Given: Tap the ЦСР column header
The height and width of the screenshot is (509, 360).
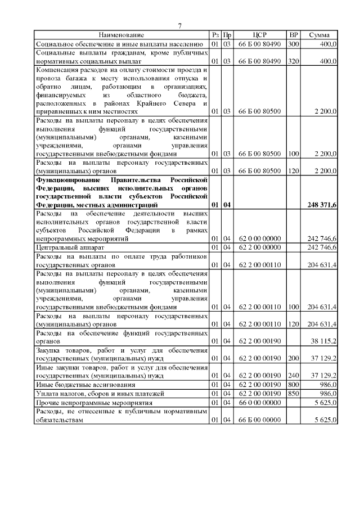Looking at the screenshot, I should pos(259,35).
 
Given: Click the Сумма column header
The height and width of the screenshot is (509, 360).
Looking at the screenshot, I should pos(319,35).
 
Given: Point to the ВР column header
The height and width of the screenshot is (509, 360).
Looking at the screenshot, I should pos(293,35).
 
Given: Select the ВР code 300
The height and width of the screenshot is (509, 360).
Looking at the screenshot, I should pos(293,43).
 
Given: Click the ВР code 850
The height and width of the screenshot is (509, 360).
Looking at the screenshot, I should pos(293,393).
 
